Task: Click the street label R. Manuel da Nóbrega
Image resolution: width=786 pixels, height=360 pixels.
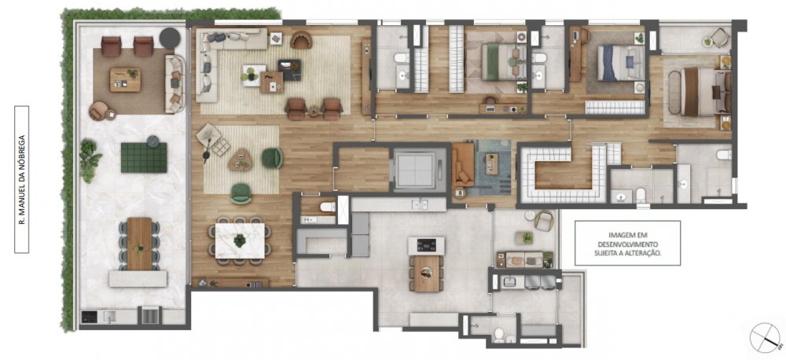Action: (21, 179)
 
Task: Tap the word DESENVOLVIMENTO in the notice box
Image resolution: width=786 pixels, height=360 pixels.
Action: (627, 244)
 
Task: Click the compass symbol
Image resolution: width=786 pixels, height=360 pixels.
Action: (766, 339)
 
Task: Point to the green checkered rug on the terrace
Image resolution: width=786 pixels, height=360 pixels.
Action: (144, 157)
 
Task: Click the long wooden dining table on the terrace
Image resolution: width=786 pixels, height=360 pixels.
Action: (139, 243)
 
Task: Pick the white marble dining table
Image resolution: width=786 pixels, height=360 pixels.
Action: (240, 241)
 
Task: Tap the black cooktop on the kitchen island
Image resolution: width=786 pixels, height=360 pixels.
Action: (427, 245)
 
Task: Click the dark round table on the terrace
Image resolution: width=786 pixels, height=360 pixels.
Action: (170, 38)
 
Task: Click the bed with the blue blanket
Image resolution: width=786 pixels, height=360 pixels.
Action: (620, 63)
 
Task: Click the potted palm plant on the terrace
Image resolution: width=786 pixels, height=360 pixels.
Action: (90, 160)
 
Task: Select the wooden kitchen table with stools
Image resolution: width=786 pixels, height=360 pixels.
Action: (426, 274)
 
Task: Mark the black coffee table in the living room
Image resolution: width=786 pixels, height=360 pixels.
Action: (290, 70)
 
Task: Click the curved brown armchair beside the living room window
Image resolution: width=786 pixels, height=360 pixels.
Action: (301, 39)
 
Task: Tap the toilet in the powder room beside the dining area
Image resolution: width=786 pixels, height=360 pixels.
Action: (327, 207)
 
